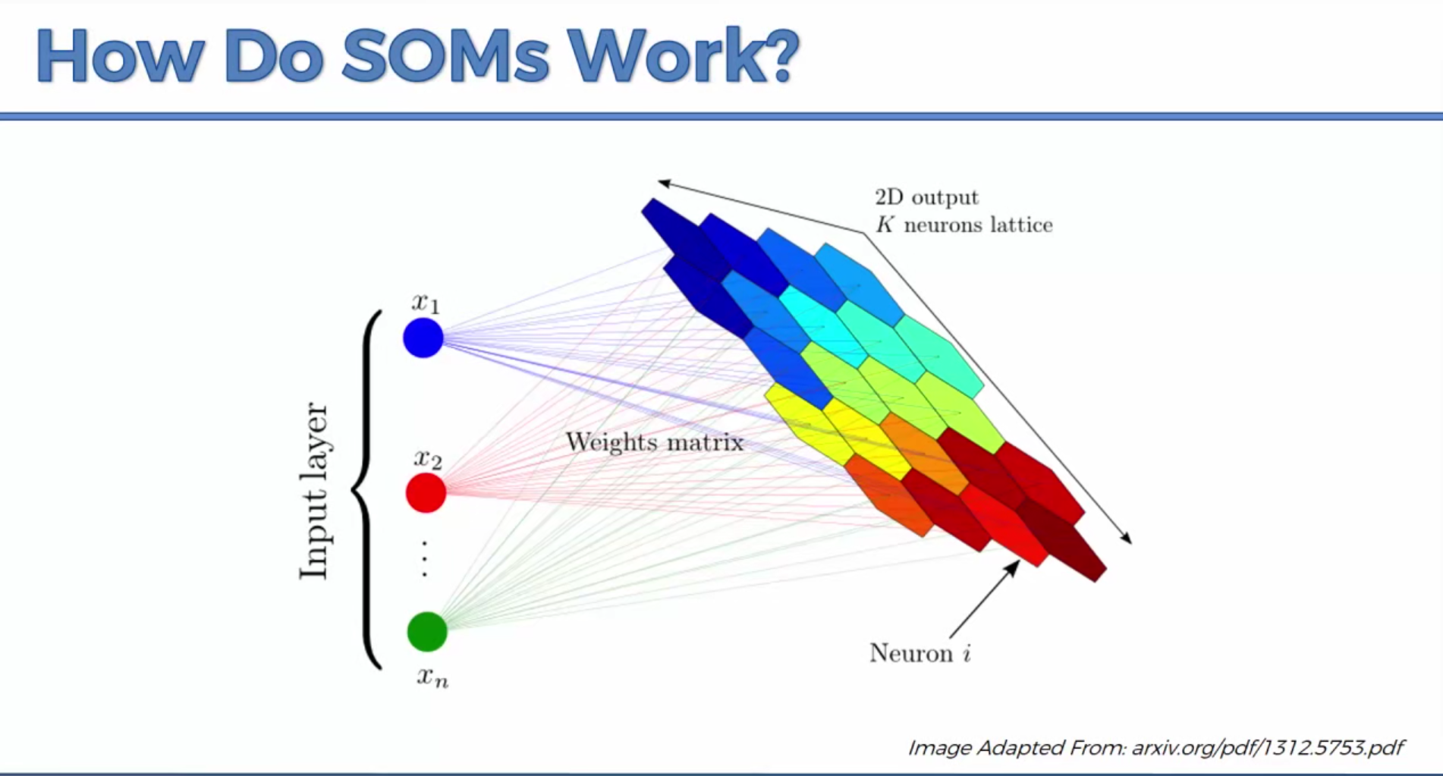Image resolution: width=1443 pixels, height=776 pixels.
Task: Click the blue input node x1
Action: pos(423,338)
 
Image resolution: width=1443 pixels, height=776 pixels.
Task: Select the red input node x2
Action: pos(426,493)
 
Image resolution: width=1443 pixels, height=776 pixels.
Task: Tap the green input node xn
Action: pos(427,631)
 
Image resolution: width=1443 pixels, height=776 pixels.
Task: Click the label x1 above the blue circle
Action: pos(426,303)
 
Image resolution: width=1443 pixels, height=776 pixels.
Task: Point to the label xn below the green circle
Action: pos(432,677)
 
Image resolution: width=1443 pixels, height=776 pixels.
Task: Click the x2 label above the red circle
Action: pos(428,459)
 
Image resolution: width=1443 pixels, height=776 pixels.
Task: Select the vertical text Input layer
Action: pos(314,491)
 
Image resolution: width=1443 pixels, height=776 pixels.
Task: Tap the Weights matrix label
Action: pos(654,442)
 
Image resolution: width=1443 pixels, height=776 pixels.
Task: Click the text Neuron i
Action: pos(920,653)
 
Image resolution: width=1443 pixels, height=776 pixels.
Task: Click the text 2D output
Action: pos(926,197)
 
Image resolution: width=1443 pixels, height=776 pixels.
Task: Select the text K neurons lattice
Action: pos(964,225)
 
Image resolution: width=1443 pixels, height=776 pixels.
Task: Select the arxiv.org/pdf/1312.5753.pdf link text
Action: pos(1267,748)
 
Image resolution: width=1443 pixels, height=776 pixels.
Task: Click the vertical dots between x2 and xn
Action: pos(424,560)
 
